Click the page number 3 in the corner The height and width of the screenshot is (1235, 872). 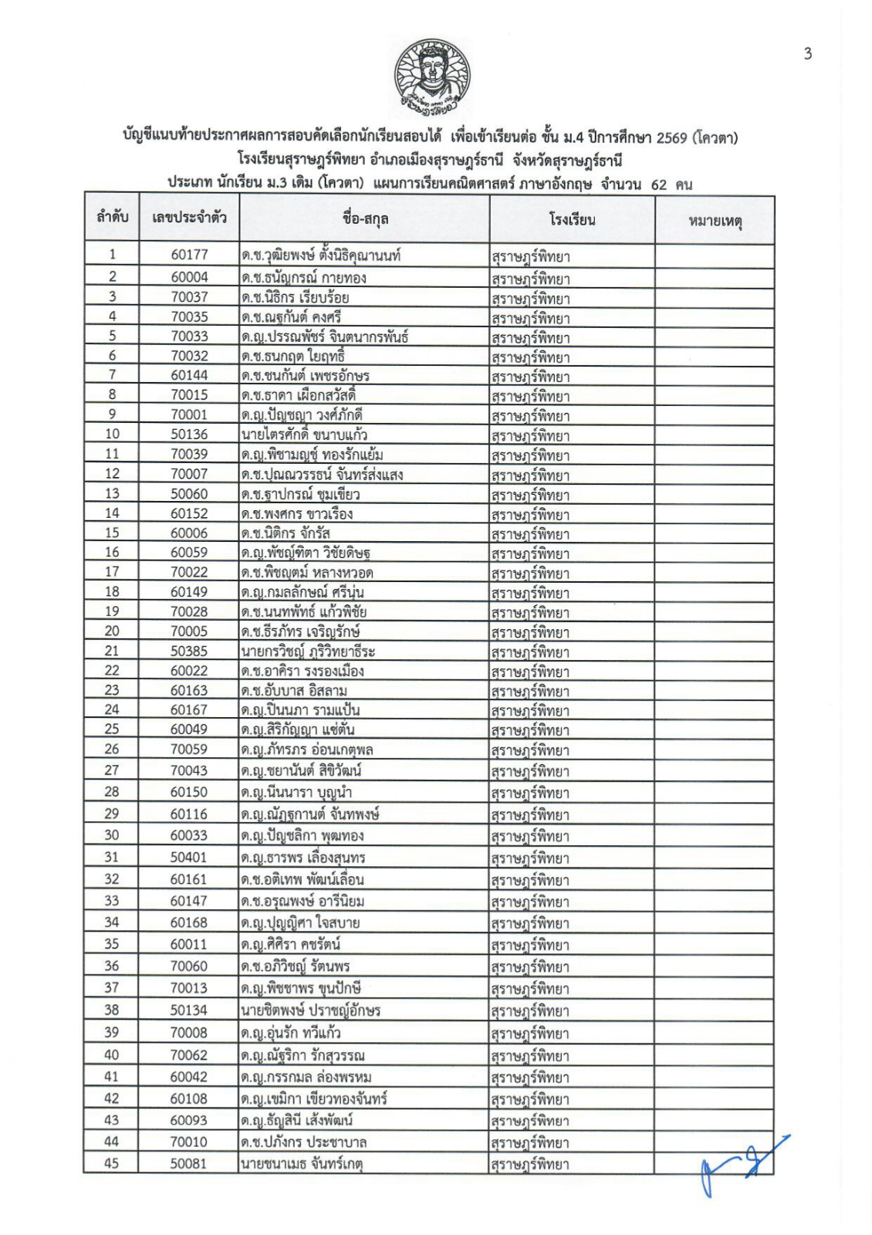click(807, 53)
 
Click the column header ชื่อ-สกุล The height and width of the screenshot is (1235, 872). click(364, 218)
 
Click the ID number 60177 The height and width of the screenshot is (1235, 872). click(189, 255)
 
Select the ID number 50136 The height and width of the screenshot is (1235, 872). click(189, 434)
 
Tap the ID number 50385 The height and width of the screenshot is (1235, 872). click(189, 651)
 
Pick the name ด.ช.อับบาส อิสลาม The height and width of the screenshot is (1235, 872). click(294, 690)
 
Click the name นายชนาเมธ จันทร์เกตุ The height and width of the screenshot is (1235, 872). click(302, 1163)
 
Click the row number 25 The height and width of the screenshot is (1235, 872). click(112, 729)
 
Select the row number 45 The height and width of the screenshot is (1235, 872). click(112, 1163)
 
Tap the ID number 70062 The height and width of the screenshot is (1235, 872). click(189, 1054)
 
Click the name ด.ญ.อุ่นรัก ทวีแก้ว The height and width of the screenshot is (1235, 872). click(291, 1033)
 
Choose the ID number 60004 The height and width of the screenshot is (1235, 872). click(189, 277)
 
